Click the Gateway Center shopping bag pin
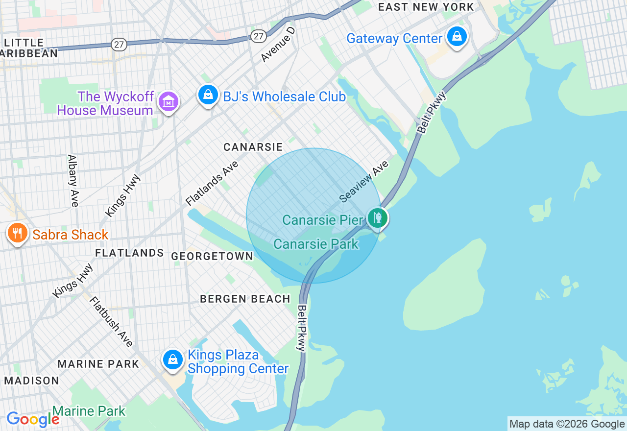coord(457,37)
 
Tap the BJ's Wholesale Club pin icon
coord(208,95)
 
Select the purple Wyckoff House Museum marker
coord(169,102)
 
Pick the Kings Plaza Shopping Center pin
coord(172,360)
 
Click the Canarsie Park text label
coord(316,244)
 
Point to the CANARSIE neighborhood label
coord(253,147)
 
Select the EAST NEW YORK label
coord(426,7)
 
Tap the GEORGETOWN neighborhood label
coord(212,256)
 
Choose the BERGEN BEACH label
coord(245,299)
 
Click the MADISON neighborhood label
coord(31,381)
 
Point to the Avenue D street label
coord(278,45)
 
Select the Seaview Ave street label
coord(364,181)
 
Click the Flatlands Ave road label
coord(212,183)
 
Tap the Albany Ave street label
coord(73,181)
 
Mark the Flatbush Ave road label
coord(111,321)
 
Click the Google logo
coord(32,419)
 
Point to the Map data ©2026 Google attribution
coord(567,424)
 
